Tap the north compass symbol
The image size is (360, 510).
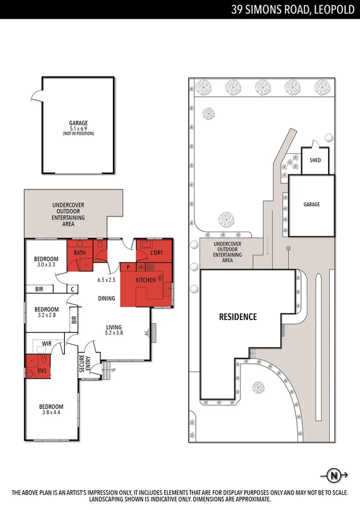click(x=334, y=476)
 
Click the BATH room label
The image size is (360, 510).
click(x=80, y=253)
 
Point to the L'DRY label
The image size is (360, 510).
click(x=156, y=253)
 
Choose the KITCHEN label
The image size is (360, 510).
click(x=145, y=280)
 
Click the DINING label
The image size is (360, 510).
click(x=106, y=298)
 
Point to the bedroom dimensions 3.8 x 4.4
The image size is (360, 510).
click(x=50, y=413)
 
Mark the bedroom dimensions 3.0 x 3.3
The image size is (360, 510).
click(x=46, y=264)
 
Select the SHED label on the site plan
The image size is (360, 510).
click(x=315, y=161)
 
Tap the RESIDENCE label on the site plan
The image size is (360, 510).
click(x=237, y=316)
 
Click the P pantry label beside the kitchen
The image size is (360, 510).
click(x=128, y=266)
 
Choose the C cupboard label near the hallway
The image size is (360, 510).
click(x=72, y=289)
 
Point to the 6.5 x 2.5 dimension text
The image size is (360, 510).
click(x=108, y=280)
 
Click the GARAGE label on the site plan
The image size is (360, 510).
click(x=311, y=204)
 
